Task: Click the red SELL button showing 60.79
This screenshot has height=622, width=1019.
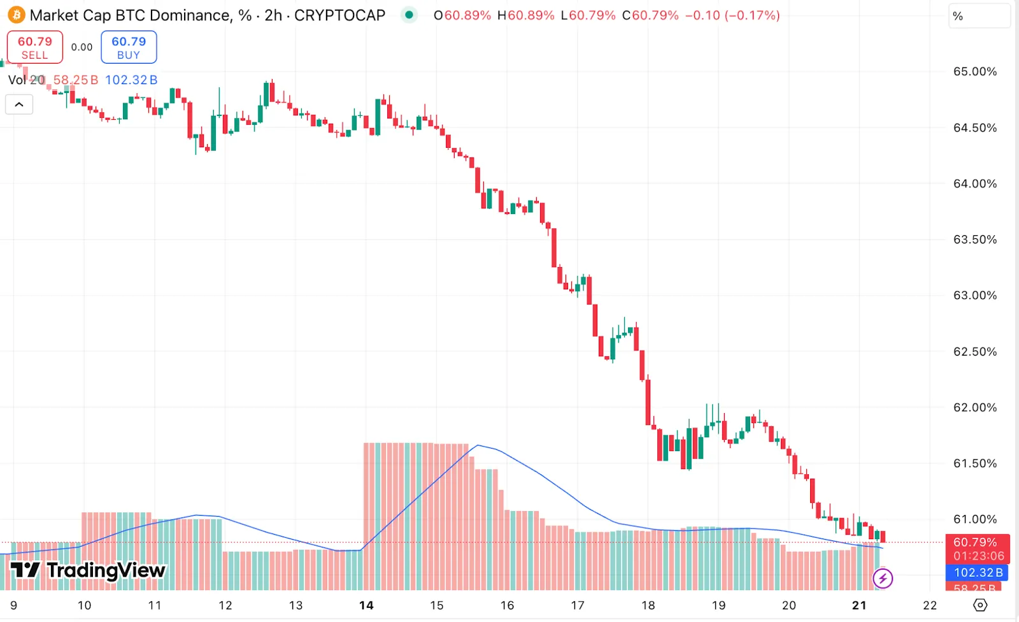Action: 35,47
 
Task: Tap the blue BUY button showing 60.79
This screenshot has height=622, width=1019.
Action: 129,47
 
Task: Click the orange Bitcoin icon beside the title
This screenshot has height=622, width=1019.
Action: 16,15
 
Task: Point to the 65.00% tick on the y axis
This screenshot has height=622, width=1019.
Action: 974,71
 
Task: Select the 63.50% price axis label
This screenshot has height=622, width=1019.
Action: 974,240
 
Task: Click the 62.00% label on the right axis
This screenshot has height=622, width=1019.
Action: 974,407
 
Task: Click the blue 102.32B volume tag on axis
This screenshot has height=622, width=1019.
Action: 978,572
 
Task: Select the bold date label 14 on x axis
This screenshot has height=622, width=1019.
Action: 366,605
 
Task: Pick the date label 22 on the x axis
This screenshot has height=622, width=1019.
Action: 930,605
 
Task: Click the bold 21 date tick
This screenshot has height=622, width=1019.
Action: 859,605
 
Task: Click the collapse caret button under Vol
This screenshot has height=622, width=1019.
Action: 19,105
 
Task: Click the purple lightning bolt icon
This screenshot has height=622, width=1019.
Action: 883,579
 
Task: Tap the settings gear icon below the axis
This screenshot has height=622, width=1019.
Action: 980,605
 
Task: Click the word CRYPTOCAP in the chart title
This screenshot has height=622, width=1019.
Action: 339,15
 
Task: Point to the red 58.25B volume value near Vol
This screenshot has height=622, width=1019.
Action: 75,80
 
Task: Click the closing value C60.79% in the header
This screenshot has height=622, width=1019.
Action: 650,15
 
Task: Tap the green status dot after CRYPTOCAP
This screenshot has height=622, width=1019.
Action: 409,15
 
